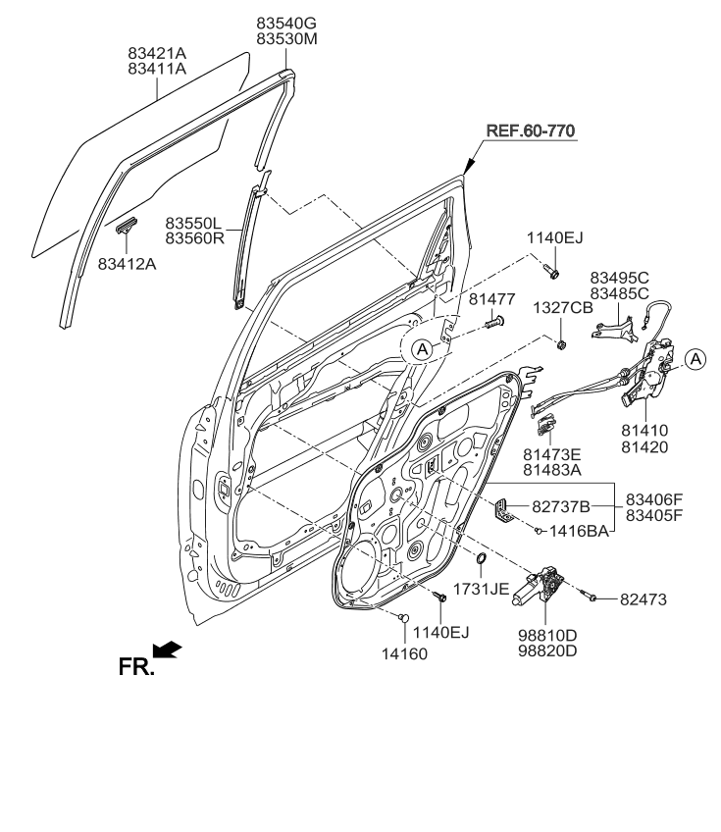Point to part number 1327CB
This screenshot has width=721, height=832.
[x=563, y=307]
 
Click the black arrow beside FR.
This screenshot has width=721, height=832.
[x=168, y=649]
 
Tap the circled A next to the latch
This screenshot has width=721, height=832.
[x=694, y=359]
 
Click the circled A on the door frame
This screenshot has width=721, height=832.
[x=420, y=347]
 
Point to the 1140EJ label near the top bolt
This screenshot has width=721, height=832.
[x=554, y=236]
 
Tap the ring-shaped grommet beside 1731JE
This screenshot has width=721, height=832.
[x=481, y=560]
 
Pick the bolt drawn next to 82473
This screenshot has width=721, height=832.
[x=592, y=595]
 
